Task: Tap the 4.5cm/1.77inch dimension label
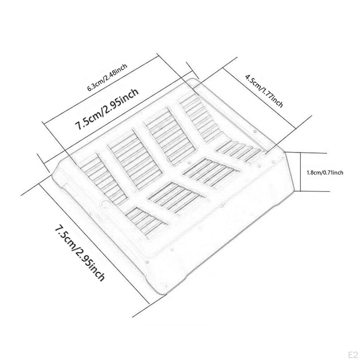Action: (x=264, y=91)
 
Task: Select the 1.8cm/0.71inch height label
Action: (x=325, y=172)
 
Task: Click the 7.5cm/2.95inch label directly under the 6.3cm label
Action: (x=107, y=109)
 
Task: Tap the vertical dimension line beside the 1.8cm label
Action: (x=300, y=172)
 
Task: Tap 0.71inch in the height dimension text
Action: (x=333, y=172)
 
